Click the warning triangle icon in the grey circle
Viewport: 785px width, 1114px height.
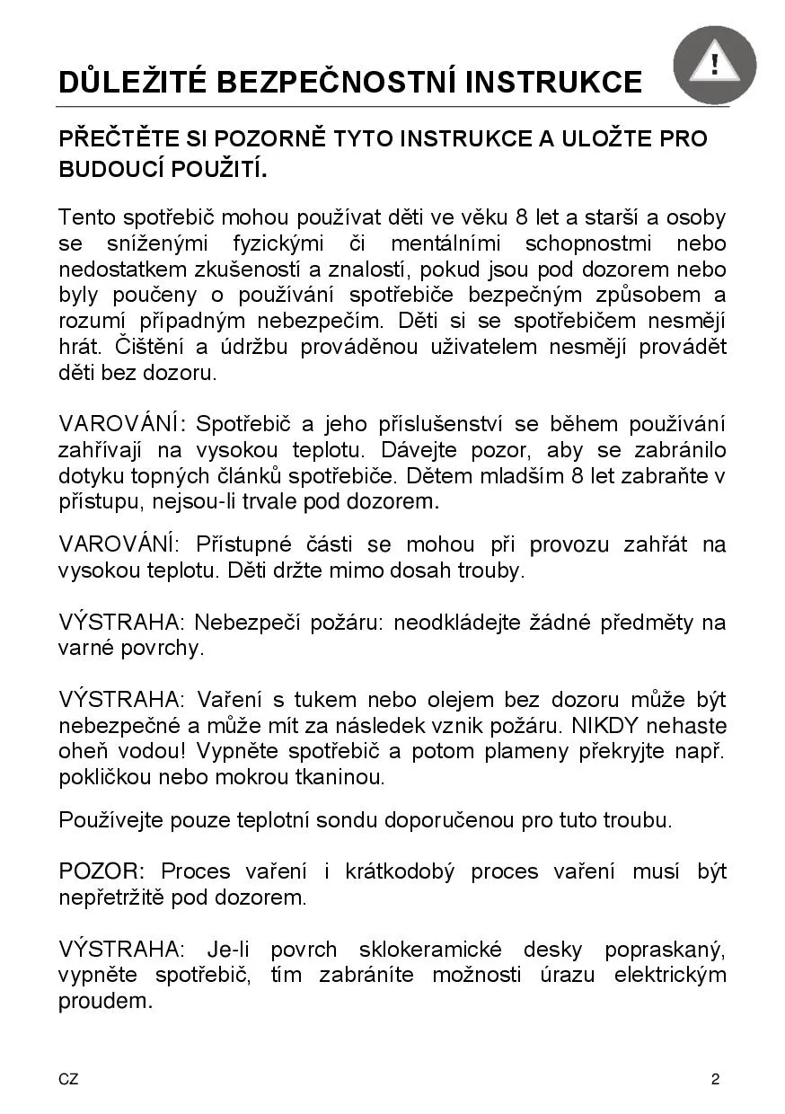click(x=714, y=65)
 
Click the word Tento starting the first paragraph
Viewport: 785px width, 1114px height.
click(x=86, y=217)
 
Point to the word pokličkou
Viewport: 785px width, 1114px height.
click(x=102, y=777)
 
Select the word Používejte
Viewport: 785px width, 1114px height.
click(x=110, y=819)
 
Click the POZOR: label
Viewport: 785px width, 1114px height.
click(x=101, y=871)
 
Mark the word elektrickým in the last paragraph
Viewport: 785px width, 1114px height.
click(x=670, y=976)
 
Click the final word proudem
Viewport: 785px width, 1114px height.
click(x=105, y=1002)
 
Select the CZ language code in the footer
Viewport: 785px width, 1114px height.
click(x=68, y=1080)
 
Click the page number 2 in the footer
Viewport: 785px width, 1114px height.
click(x=715, y=1080)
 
